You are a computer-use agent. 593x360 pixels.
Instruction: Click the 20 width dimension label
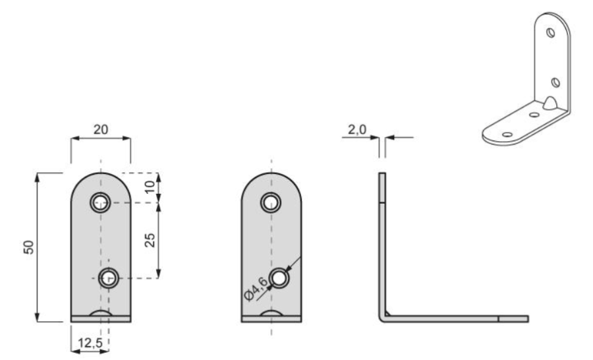101,129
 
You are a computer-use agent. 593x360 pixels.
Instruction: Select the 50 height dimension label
29,247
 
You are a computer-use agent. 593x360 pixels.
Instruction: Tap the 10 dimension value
150,187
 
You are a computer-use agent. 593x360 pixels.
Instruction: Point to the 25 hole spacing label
150,240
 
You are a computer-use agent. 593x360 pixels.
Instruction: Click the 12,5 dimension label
90,343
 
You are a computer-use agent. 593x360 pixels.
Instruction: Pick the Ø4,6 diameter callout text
256,288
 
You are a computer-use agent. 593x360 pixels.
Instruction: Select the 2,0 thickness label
357,130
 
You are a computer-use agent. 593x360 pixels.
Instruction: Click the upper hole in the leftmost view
100,202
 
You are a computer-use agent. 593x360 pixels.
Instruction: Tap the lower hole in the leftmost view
109,279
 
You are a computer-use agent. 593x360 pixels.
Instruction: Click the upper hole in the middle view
271,202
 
